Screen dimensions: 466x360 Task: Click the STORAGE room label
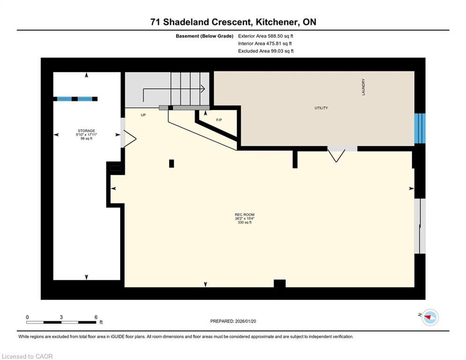point(87,131)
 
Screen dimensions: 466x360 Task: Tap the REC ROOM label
point(244,215)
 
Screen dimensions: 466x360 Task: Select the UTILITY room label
point(321,108)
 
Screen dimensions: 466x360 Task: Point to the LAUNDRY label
point(363,87)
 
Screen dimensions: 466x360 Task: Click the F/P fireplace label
point(219,120)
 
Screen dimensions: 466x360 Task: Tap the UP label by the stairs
point(143,115)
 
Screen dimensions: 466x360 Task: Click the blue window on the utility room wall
point(420,128)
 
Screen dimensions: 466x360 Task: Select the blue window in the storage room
point(75,99)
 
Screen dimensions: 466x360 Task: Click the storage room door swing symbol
point(129,139)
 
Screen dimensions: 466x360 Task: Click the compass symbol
point(430,317)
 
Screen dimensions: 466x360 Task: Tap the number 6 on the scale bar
point(96,317)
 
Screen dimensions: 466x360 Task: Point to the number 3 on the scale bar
point(61,317)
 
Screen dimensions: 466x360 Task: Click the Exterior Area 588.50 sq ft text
point(266,36)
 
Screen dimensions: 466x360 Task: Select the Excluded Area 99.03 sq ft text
point(266,51)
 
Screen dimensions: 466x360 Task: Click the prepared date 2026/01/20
point(245,321)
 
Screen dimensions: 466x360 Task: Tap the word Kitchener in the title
point(276,22)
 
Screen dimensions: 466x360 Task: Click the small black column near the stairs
point(171,164)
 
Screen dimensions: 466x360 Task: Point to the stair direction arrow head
point(203,89)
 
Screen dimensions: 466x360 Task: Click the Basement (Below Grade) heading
point(205,36)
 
